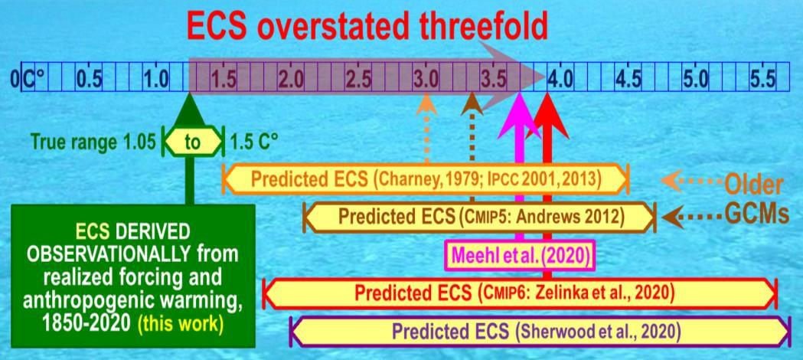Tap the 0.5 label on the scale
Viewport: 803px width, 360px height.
click(90, 80)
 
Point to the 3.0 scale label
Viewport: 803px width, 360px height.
click(426, 80)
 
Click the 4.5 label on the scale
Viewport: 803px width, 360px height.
click(628, 80)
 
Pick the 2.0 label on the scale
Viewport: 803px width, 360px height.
click(291, 80)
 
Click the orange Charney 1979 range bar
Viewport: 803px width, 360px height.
click(426, 179)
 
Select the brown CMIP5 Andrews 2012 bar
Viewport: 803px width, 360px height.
click(479, 217)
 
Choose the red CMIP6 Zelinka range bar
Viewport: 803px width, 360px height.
click(521, 293)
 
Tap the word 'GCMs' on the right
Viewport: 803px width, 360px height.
click(757, 214)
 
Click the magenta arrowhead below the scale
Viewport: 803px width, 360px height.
click(519, 115)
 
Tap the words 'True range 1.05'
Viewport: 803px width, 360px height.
click(93, 142)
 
